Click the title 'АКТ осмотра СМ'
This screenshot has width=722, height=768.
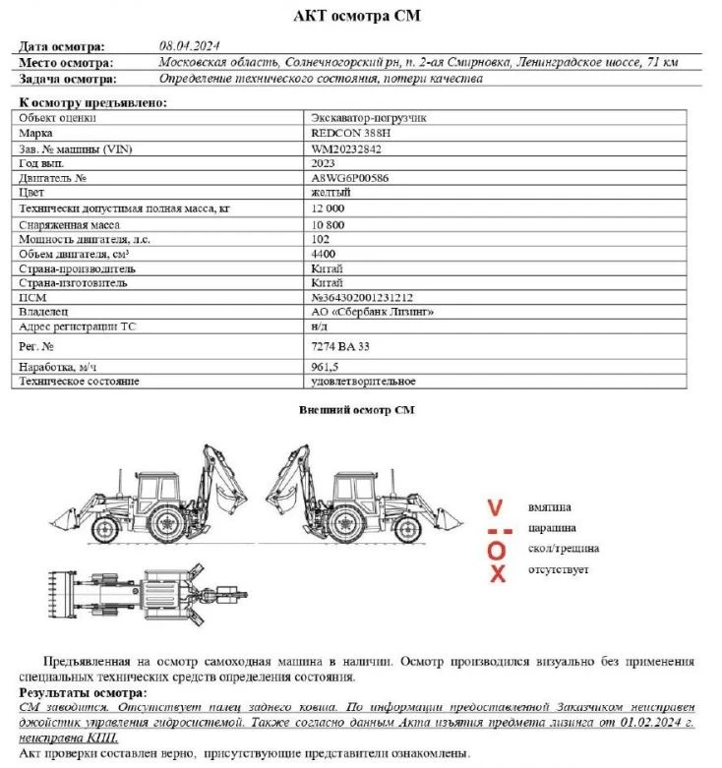click(361, 17)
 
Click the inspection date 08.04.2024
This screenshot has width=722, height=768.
click(189, 46)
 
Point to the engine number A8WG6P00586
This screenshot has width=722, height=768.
click(350, 178)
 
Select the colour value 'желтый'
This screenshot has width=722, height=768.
click(331, 193)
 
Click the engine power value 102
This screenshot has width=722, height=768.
click(320, 239)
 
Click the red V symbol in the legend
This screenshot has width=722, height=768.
click(496, 507)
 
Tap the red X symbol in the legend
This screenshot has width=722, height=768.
click(498, 573)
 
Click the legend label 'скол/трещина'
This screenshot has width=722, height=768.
click(563, 548)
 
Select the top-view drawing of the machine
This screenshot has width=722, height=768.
click(148, 594)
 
